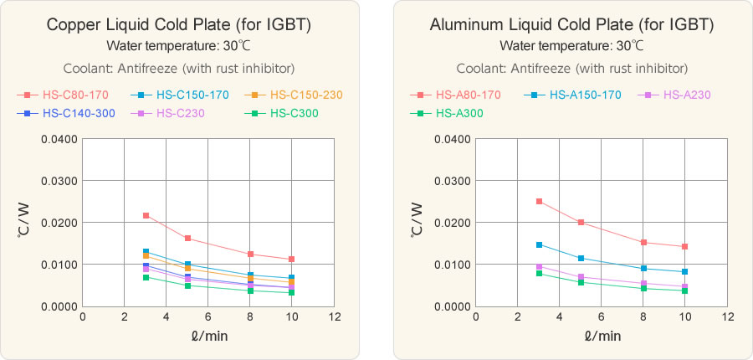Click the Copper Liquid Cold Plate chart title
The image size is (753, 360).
(x=180, y=24)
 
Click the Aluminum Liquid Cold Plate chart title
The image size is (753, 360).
(x=572, y=24)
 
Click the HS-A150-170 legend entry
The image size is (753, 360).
(x=585, y=95)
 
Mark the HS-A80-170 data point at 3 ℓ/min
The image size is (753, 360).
(x=539, y=202)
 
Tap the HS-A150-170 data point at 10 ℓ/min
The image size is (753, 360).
(x=684, y=272)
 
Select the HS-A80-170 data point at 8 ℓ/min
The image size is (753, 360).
(x=643, y=243)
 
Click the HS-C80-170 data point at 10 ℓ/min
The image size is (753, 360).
(x=291, y=260)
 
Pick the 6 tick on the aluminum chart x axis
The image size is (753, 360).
(x=602, y=317)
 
